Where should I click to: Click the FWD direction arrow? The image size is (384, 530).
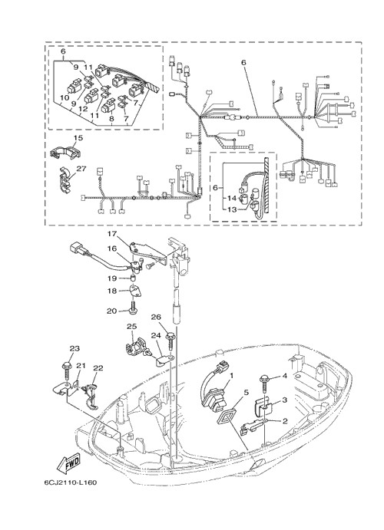pyautogui.click(x=69, y=463)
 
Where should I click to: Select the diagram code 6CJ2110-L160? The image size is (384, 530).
pyautogui.click(x=71, y=482)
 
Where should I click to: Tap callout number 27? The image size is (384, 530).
pyautogui.click(x=81, y=168)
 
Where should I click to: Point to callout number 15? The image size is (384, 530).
pyautogui.click(x=78, y=138)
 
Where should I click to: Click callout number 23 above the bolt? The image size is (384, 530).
pyautogui.click(x=75, y=348)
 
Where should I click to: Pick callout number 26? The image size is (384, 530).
pyautogui.click(x=156, y=317)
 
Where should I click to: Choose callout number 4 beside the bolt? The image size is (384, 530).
pyautogui.click(x=284, y=376)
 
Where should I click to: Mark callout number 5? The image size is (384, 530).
pyautogui.click(x=246, y=392)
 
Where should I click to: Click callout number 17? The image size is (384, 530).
pyautogui.click(x=112, y=234)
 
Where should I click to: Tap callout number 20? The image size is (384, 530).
pyautogui.click(x=111, y=311)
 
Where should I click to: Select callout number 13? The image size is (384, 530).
pyautogui.click(x=232, y=210)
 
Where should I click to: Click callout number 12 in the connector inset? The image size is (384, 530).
pyautogui.click(x=83, y=109)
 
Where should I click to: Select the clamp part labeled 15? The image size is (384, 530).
pyautogui.click(x=66, y=151)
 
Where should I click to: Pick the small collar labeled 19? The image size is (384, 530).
pyautogui.click(x=133, y=278)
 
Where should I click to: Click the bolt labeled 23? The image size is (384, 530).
pyautogui.click(x=65, y=370)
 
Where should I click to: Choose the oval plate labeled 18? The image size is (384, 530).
pyautogui.click(x=134, y=291)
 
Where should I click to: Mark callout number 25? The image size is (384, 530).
pyautogui.click(x=131, y=327)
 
